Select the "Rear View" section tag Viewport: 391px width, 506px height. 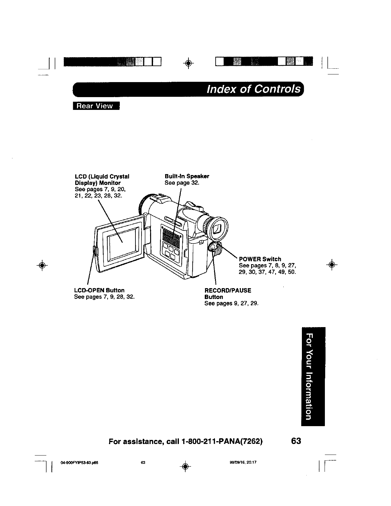tap(96, 106)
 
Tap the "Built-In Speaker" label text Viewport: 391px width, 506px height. tap(187, 176)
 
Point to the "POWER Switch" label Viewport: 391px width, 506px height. tap(260, 259)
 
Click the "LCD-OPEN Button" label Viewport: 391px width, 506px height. tap(99, 290)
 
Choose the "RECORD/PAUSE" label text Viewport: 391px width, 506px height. tap(228, 290)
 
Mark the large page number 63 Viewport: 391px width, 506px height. tap(296, 441)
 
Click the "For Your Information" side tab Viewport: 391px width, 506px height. tap(312, 376)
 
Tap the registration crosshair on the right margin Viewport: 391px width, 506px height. tap(332, 264)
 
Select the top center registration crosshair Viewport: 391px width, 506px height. tap(189, 62)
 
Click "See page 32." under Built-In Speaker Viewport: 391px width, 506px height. tap(182, 183)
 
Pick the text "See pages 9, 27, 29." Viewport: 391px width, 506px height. tap(231, 303)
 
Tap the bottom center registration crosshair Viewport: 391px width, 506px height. tap(189, 464)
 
